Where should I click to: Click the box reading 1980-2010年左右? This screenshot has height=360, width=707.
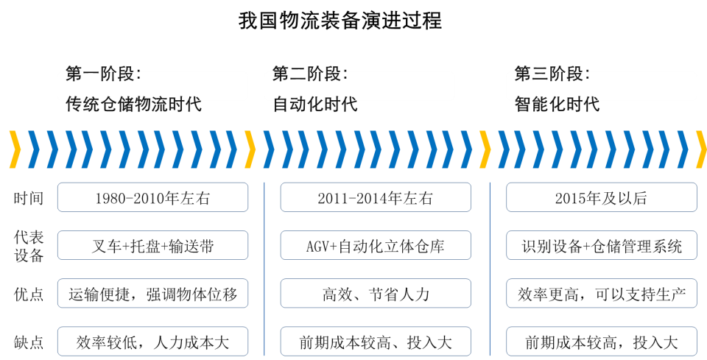click(x=152, y=198)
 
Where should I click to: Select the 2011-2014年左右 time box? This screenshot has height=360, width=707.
click(x=376, y=198)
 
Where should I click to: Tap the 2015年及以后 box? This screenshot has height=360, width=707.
click(x=602, y=198)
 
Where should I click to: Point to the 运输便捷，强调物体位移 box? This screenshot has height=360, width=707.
click(x=152, y=295)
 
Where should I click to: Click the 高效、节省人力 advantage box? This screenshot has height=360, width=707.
click(x=376, y=295)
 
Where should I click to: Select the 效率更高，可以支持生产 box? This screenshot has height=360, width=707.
click(x=602, y=295)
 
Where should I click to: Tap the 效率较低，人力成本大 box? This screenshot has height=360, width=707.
click(x=152, y=342)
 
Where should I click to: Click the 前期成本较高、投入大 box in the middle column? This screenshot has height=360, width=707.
click(x=376, y=342)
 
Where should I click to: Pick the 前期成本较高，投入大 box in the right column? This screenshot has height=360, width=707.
click(x=602, y=342)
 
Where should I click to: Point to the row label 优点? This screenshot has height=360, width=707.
click(x=28, y=295)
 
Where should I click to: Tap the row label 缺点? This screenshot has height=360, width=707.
click(x=28, y=342)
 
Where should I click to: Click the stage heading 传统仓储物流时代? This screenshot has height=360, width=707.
click(x=133, y=104)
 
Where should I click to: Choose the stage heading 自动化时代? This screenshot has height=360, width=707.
click(x=315, y=104)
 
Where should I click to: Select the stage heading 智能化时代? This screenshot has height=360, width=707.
click(x=557, y=104)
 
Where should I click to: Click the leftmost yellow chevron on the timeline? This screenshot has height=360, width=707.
click(x=15, y=149)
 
